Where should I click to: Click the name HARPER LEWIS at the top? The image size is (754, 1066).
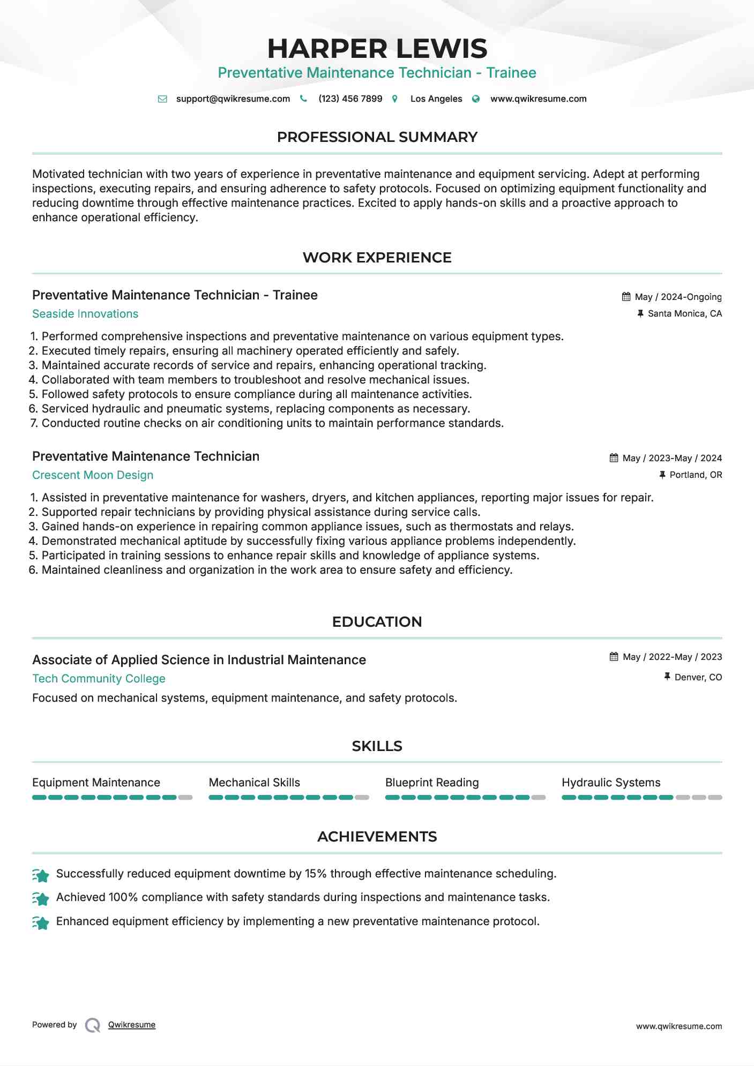click(x=377, y=49)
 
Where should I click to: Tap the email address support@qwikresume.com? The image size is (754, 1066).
click(x=233, y=99)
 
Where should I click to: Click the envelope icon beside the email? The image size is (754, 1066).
click(x=162, y=99)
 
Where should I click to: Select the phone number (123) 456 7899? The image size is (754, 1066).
click(x=350, y=99)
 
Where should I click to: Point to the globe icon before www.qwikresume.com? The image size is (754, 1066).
click(x=476, y=99)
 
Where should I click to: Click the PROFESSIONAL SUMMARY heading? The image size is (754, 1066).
click(x=377, y=137)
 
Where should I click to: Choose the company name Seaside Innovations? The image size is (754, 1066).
click(x=85, y=314)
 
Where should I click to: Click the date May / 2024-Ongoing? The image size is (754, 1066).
click(x=678, y=297)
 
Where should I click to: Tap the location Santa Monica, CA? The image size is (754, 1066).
click(x=684, y=314)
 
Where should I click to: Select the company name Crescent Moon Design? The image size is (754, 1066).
click(x=93, y=475)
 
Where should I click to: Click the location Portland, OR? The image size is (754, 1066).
click(x=696, y=475)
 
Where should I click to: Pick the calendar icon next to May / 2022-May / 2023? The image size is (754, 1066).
click(x=614, y=657)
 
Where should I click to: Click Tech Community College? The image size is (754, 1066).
click(x=99, y=679)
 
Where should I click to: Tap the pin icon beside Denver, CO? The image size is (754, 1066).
click(x=667, y=677)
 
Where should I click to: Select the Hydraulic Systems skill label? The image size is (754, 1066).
click(x=611, y=783)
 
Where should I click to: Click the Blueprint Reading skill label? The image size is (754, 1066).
click(x=432, y=783)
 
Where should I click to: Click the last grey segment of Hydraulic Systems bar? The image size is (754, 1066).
click(x=715, y=798)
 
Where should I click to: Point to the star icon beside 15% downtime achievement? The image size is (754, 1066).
click(x=41, y=875)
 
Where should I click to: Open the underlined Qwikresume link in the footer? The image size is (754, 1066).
click(x=132, y=1025)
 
